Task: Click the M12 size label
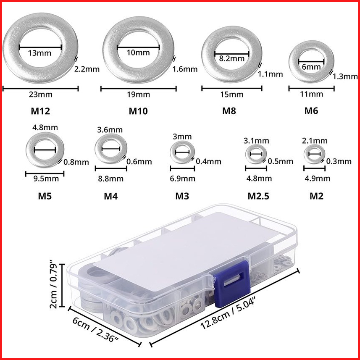tap(40, 111)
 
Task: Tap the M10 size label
tap(138, 111)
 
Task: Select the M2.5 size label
tap(258, 196)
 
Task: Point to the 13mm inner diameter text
tap(39, 53)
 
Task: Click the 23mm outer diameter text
tap(40, 95)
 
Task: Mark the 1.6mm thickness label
tap(185, 69)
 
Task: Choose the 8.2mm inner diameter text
tap(231, 58)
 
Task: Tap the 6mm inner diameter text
tap(311, 67)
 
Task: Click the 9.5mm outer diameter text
tap(46, 179)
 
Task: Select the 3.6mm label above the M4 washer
tap(110, 130)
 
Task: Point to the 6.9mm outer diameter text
tap(183, 179)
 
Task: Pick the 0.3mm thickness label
tap(339, 161)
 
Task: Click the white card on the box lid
tap(184, 250)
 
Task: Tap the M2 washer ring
tap(306, 154)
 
